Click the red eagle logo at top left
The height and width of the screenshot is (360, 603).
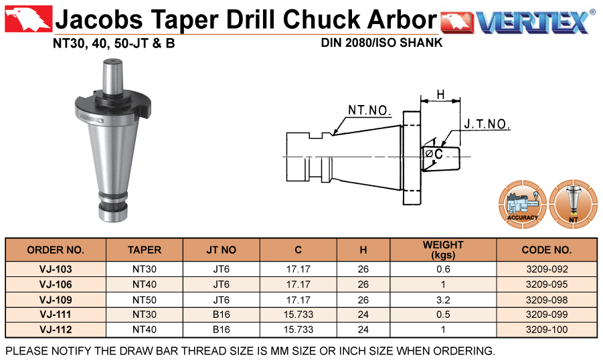[29, 19]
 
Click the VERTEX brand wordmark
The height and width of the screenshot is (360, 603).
[533, 21]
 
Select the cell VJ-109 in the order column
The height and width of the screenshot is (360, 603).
[56, 300]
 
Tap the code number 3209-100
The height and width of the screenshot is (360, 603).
[547, 330]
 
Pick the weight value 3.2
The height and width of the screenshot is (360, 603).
[443, 300]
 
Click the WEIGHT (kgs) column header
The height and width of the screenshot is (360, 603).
[443, 250]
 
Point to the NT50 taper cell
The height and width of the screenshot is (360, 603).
[144, 300]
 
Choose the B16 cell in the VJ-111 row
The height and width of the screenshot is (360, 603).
[221, 314]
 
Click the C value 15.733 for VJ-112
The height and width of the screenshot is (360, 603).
[298, 330]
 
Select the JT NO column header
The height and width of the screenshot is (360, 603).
[221, 250]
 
